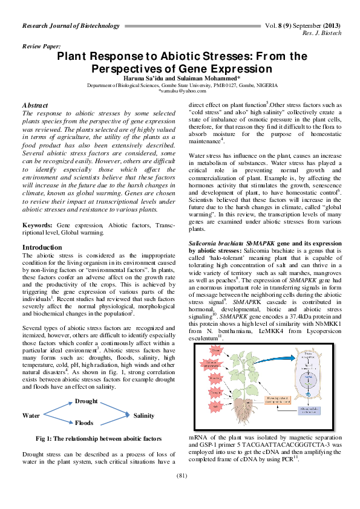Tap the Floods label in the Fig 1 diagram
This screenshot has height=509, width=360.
click(x=83, y=423)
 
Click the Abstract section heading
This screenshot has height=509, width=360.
click(x=35, y=106)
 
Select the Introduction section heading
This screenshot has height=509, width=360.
click(x=42, y=248)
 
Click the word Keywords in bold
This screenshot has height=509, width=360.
click(x=37, y=224)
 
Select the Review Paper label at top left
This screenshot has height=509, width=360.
click(x=41, y=46)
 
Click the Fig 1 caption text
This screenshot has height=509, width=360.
click(x=99, y=438)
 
